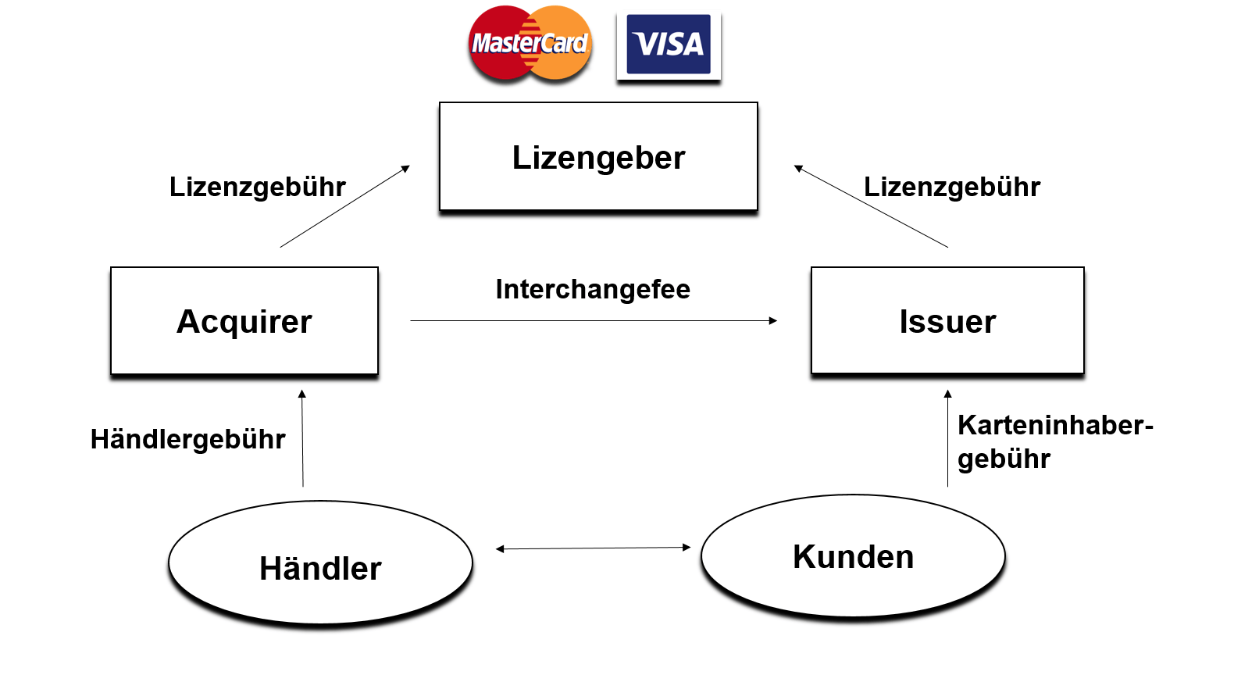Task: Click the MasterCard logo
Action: pos(530,43)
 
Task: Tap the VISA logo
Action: pos(669,45)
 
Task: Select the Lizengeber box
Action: pos(598,156)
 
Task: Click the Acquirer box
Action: pos(244,321)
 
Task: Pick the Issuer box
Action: pos(947,321)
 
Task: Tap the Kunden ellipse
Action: pos(853,556)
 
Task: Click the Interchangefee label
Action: pos(593,289)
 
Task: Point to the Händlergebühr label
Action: pos(188,439)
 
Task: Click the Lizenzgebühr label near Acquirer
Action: pos(258,187)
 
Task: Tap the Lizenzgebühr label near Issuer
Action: pos(952,187)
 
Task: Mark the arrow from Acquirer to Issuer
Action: pos(594,320)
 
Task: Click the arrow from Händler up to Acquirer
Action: pos(302,437)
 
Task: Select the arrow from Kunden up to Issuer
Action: pos(947,437)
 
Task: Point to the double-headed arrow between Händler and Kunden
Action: pos(594,548)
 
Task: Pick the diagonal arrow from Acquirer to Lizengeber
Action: pos(344,206)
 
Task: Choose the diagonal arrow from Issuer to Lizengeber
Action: pos(871,206)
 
